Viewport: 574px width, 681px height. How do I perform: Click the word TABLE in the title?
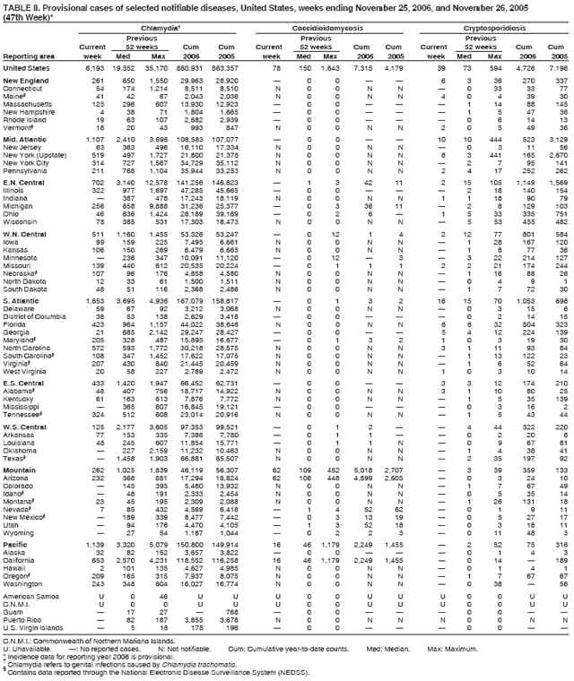click(x=19, y=7)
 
